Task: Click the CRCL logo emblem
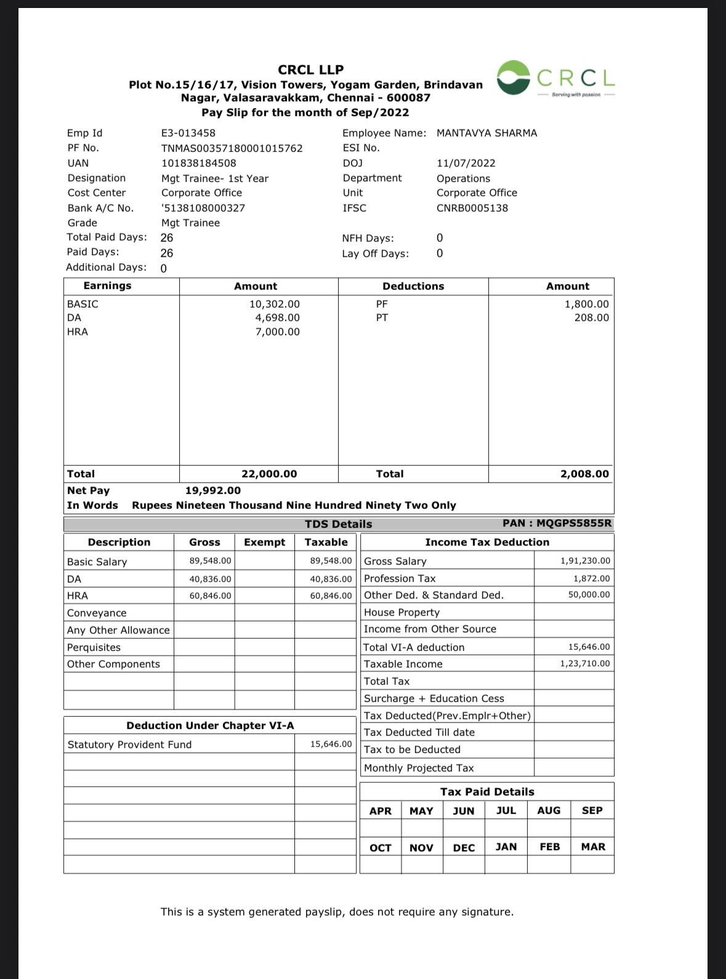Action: [x=514, y=78]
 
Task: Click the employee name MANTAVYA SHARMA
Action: [x=486, y=133]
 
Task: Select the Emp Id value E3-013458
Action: [x=188, y=133]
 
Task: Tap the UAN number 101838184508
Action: [x=198, y=163]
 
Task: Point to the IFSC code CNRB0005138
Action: [x=472, y=208]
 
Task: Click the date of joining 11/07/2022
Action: [x=466, y=163]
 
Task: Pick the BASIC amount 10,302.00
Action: [x=275, y=304]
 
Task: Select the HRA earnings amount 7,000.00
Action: [x=278, y=332]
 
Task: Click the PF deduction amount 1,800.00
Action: [x=587, y=304]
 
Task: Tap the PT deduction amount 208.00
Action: [x=592, y=318]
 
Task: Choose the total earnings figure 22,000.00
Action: [x=269, y=474]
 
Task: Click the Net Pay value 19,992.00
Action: [x=213, y=490]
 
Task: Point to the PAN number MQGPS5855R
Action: [x=575, y=524]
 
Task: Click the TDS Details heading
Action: [x=339, y=524]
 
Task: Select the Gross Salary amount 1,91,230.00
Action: [x=585, y=561]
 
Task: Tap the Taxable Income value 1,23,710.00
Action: [x=585, y=663]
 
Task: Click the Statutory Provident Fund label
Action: [x=129, y=745]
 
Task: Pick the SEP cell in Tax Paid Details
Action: [x=592, y=810]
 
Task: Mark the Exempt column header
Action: [x=265, y=542]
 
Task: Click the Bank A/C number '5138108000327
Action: [x=203, y=208]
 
